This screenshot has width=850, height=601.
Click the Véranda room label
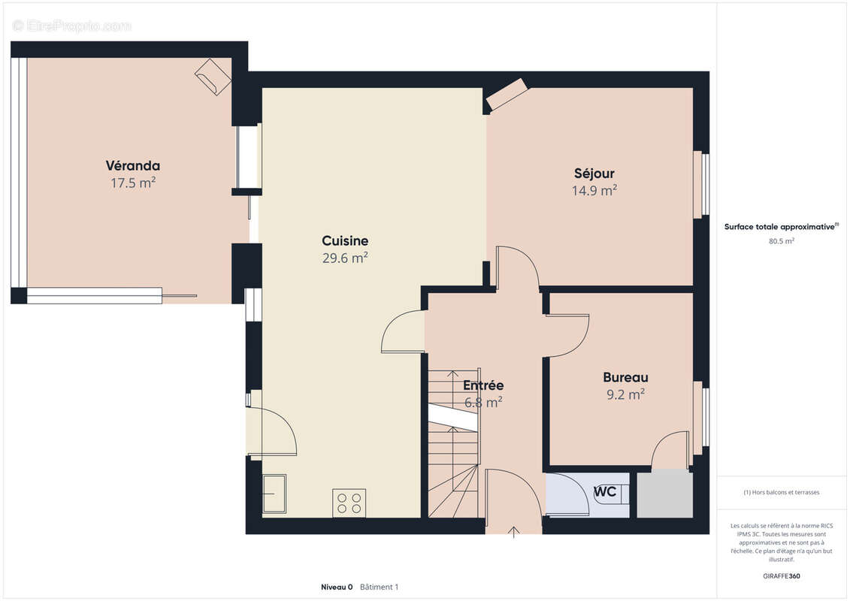click(x=133, y=166)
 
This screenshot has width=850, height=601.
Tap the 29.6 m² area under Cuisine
click(x=345, y=258)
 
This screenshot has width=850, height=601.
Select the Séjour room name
click(x=594, y=174)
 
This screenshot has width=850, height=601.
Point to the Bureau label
click(x=625, y=377)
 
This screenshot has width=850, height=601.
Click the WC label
click(x=605, y=491)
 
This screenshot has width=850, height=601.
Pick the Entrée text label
click(x=483, y=385)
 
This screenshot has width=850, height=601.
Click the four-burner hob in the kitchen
click(x=349, y=503)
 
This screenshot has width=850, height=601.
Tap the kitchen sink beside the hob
click(x=275, y=493)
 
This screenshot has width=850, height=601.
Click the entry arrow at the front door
click(x=513, y=532)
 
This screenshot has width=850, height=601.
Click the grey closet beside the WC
click(x=664, y=494)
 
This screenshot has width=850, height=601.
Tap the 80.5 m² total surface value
click(x=781, y=241)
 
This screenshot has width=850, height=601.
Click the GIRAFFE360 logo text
click(x=781, y=576)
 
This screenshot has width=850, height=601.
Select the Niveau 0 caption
click(x=337, y=587)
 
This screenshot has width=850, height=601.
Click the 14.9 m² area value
click(x=594, y=191)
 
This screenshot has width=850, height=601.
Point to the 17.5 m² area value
click(x=133, y=183)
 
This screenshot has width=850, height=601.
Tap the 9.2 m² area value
click(x=625, y=394)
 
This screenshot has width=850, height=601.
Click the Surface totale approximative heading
click(x=781, y=227)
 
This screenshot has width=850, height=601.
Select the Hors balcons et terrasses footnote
click(x=781, y=493)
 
